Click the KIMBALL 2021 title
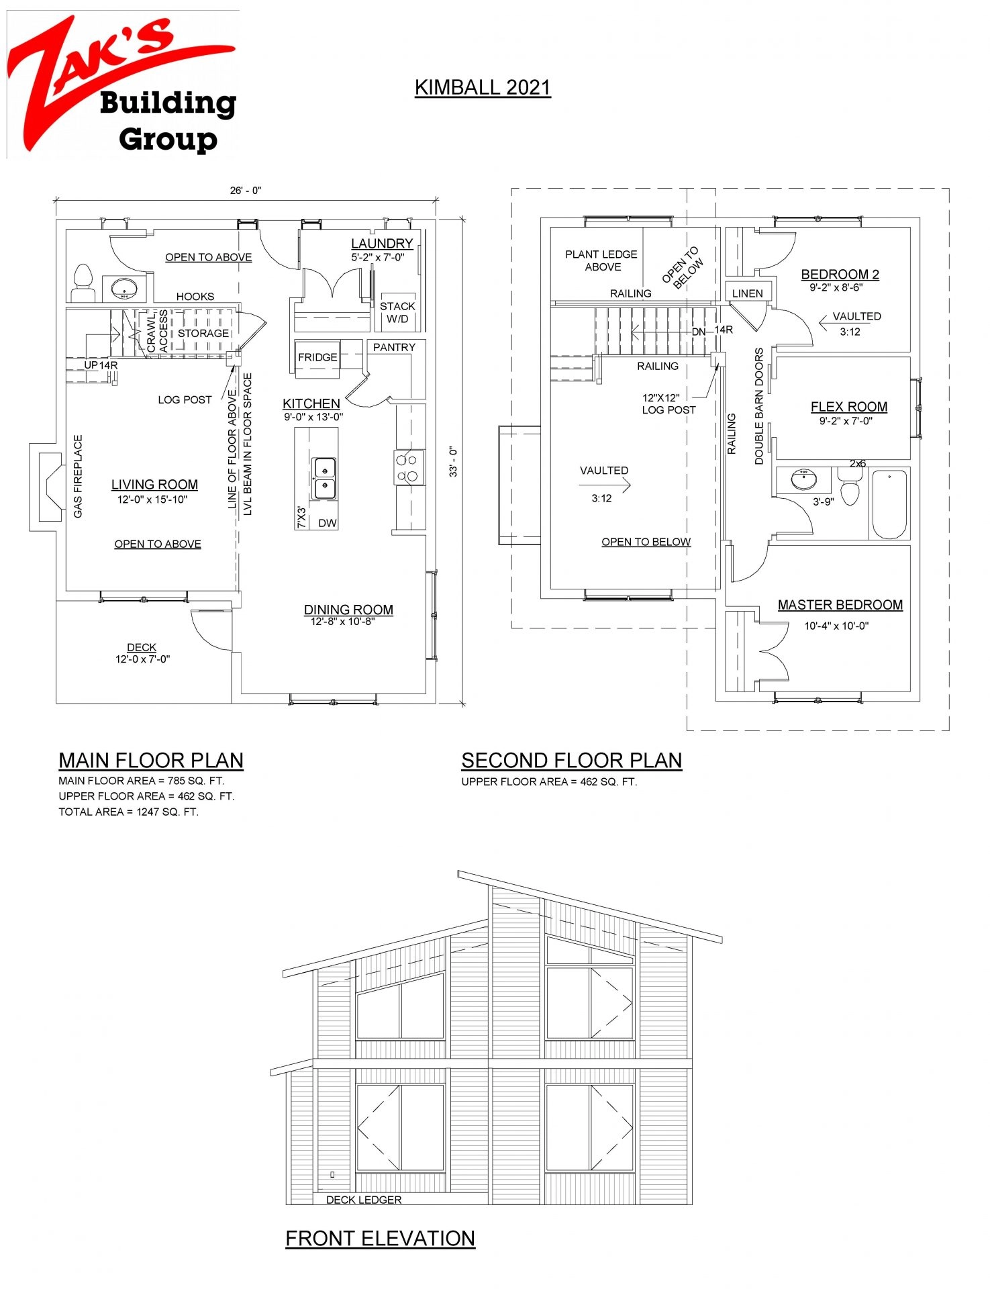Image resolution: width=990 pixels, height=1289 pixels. pos(483,87)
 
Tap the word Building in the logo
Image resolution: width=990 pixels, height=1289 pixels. pos(168,103)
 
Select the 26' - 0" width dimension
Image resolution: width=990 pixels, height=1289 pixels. pos(246,191)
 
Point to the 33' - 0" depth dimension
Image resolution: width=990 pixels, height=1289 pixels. pos(454,462)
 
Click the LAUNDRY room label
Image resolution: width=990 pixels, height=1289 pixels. pos(381,243)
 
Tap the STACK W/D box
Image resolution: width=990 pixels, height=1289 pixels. pos(397,312)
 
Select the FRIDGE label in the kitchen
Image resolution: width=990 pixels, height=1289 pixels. pos(317,357)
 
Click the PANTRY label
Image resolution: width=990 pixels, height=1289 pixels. pos(394,347)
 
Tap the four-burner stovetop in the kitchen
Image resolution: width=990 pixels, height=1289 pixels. pos(407,468)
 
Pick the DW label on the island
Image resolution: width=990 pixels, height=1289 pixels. pos(328,523)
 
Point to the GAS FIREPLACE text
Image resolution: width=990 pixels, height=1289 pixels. pos(78,476)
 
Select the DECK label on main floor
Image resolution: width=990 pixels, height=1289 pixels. pos(142,647)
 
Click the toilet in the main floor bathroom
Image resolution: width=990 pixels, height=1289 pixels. pos(83,283)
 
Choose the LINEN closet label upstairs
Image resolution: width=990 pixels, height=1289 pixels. pos(747,293)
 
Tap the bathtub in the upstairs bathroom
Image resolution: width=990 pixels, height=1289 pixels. pos(889,504)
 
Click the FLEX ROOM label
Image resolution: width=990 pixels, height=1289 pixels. pos(848,407)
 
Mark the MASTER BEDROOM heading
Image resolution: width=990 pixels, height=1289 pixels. pos(840,605)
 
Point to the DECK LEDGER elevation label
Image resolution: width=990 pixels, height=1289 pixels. pos(364,1200)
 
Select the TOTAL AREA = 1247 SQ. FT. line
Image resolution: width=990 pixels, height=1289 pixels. pos(128,812)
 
